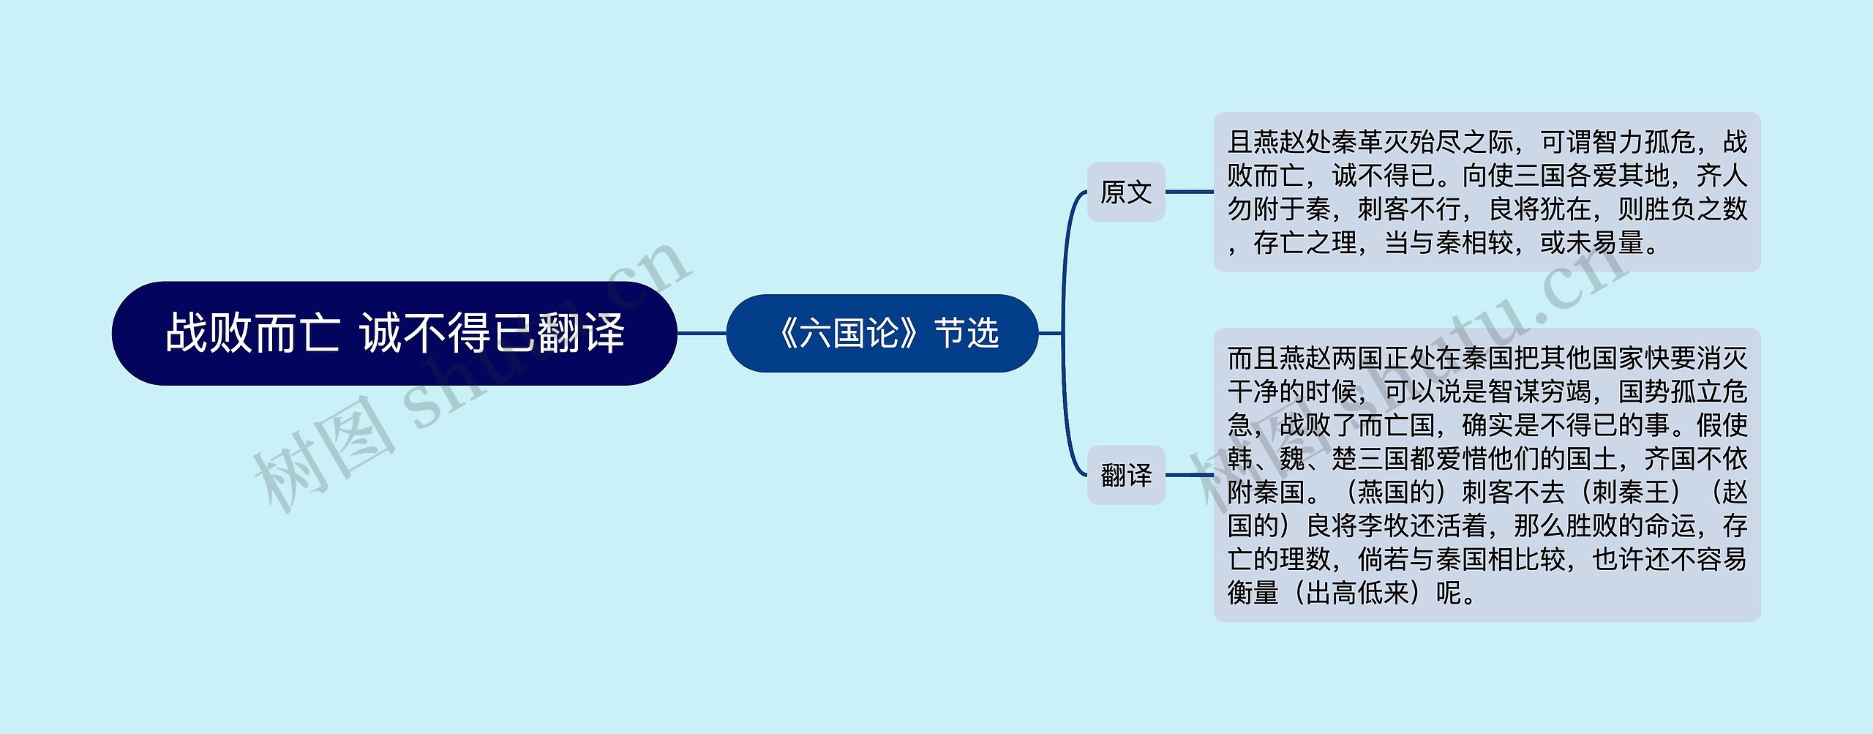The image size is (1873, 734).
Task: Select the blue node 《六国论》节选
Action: [882, 333]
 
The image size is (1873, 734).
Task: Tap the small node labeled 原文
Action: [1125, 192]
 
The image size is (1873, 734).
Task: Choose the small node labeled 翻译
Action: [1125, 475]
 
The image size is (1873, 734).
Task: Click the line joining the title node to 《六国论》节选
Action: [701, 333]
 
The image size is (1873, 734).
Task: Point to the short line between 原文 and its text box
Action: [1189, 192]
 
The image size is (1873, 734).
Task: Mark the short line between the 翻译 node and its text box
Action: [1189, 475]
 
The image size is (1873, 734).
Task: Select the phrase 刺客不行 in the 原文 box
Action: [1410, 209]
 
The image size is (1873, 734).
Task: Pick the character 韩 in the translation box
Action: [1240, 459]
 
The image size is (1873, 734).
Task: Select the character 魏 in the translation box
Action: [1292, 459]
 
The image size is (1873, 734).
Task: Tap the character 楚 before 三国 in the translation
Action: [1345, 459]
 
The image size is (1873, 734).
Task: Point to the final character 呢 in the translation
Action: [1449, 593]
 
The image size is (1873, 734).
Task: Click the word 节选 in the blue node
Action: [966, 333]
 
